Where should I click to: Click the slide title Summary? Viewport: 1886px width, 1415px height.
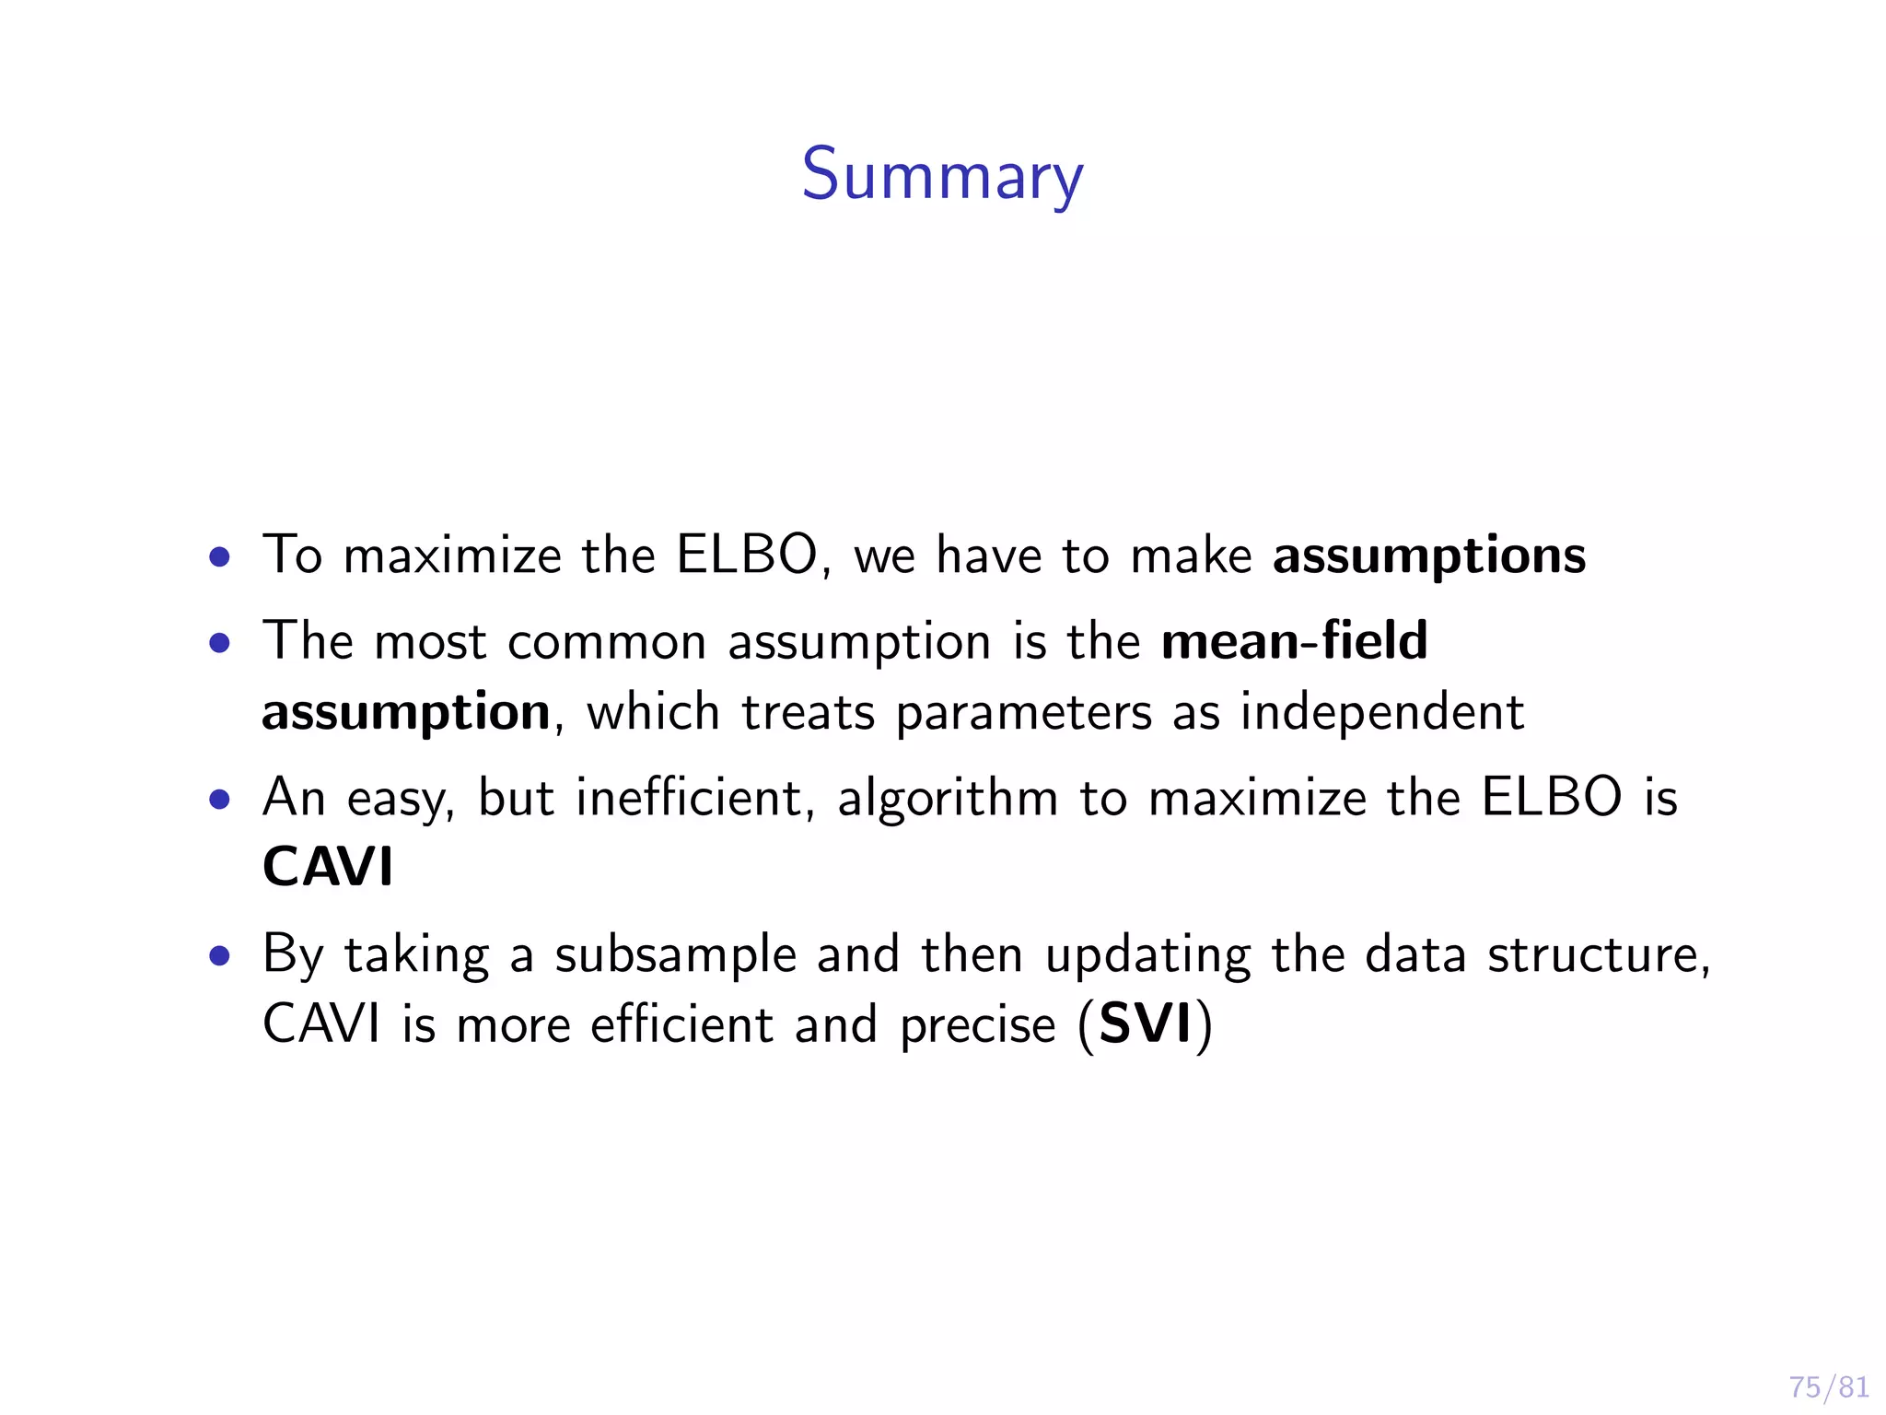tap(942, 176)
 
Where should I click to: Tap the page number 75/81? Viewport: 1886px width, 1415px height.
tap(1828, 1386)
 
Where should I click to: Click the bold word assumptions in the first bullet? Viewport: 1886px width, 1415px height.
tap(1429, 556)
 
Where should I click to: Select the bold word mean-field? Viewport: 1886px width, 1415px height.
tap(1294, 640)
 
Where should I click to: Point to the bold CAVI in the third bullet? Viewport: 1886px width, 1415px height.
tap(328, 867)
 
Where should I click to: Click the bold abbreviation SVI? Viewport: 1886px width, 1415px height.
tap(1146, 1024)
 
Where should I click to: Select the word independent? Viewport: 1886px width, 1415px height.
tap(1381, 712)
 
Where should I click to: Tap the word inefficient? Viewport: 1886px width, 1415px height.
tap(688, 797)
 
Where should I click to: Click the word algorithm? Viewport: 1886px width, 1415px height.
tap(948, 799)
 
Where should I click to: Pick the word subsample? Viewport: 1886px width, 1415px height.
tap(675, 955)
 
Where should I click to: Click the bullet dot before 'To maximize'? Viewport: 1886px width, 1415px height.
tap(219, 556)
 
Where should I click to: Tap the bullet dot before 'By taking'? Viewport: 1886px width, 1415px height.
tap(219, 955)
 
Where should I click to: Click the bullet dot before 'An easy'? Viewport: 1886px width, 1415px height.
tap(219, 799)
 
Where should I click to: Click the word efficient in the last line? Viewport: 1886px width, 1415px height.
tap(681, 1024)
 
